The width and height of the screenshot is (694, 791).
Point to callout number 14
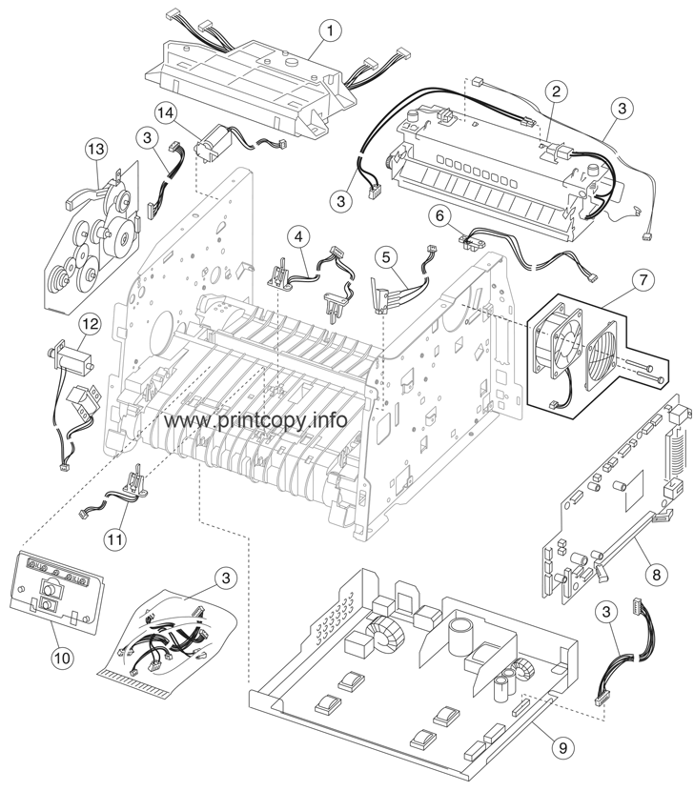(168, 112)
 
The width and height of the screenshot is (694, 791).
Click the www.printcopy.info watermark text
(255, 420)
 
